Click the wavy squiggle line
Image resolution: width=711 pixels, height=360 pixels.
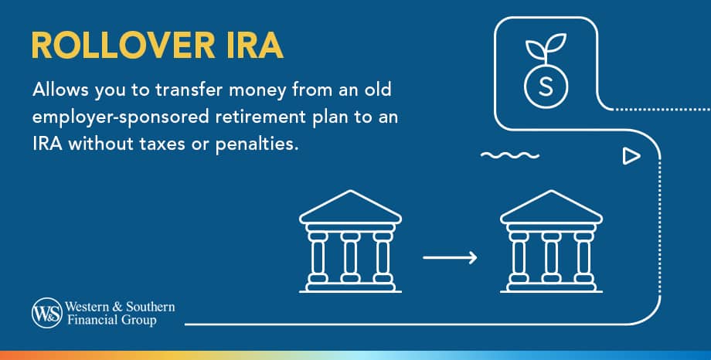pyautogui.click(x=509, y=155)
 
